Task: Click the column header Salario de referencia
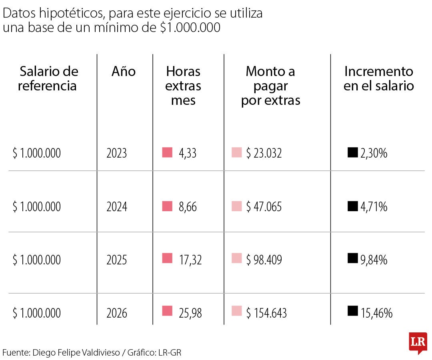pyautogui.click(x=49, y=79)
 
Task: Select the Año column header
pyautogui.click(x=124, y=72)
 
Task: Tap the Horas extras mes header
pyautogui.click(x=183, y=86)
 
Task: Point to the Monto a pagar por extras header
pyautogui.click(x=270, y=86)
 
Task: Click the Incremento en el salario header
pyautogui.click(x=378, y=79)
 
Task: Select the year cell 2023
pyautogui.click(x=117, y=153)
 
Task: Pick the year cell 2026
pyautogui.click(x=117, y=313)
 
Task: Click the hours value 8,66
pyautogui.click(x=188, y=207)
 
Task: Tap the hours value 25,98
pyautogui.click(x=190, y=313)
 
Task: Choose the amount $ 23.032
pyautogui.click(x=264, y=153)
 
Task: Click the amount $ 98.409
pyautogui.click(x=264, y=260)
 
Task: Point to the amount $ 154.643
pyautogui.click(x=266, y=313)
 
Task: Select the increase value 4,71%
pyautogui.click(x=374, y=207)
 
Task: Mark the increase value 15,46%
pyautogui.click(x=376, y=313)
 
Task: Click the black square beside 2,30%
pyautogui.click(x=352, y=152)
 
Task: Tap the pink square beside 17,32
pyautogui.click(x=167, y=258)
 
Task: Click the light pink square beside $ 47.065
pyautogui.click(x=237, y=206)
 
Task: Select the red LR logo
pyautogui.click(x=418, y=343)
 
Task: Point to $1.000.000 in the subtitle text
pyautogui.click(x=190, y=28)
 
